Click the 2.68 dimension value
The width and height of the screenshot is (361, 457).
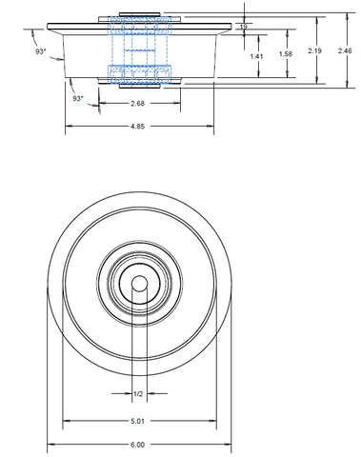click(137, 104)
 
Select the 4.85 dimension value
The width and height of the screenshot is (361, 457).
click(137, 127)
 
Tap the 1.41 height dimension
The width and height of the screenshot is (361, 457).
click(256, 56)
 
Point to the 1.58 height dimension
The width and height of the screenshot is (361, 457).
click(286, 54)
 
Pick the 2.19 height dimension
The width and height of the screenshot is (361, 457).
click(314, 50)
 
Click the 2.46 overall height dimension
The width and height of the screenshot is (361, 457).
click(345, 50)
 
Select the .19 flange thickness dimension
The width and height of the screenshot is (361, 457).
click(243, 27)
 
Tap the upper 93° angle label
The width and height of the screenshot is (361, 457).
click(41, 51)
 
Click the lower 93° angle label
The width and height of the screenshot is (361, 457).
click(78, 99)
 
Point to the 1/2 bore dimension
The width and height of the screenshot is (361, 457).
click(138, 394)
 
